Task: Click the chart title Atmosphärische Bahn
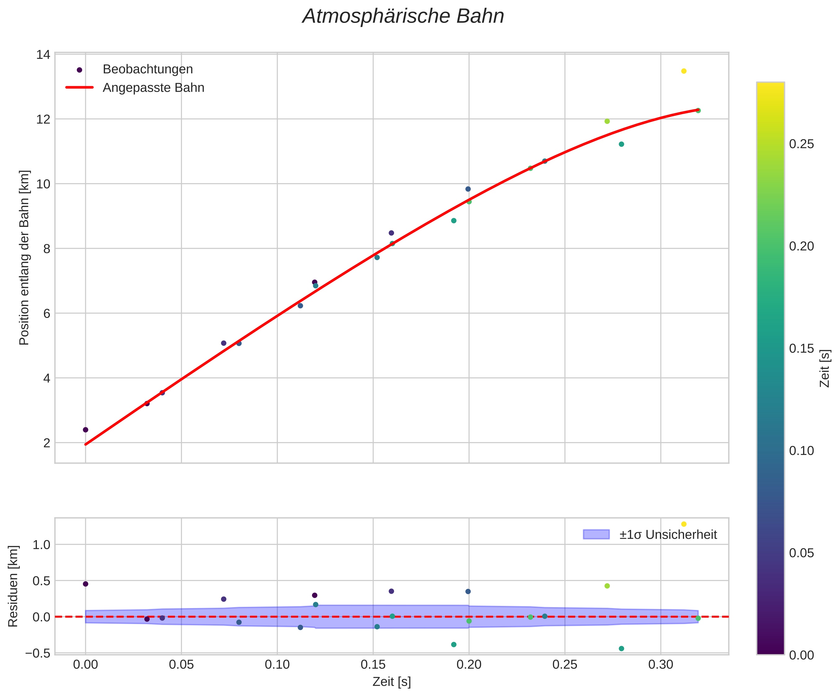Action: pyautogui.click(x=403, y=17)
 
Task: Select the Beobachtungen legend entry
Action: pyautogui.click(x=147, y=69)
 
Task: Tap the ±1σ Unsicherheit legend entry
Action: pyautogui.click(x=668, y=535)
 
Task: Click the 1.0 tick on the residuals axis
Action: pyautogui.click(x=41, y=544)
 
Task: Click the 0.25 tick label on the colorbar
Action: pyautogui.click(x=802, y=144)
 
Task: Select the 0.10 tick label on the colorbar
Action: pyautogui.click(x=802, y=451)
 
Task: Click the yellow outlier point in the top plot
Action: pyautogui.click(x=683, y=71)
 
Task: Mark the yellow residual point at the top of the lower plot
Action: pyautogui.click(x=683, y=524)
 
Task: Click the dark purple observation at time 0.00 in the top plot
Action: pyautogui.click(x=86, y=430)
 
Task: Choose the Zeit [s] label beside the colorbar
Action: pyautogui.click(x=825, y=368)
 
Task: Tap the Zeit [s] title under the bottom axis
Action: pyautogui.click(x=392, y=682)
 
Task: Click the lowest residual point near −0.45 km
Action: pyautogui.click(x=621, y=649)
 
